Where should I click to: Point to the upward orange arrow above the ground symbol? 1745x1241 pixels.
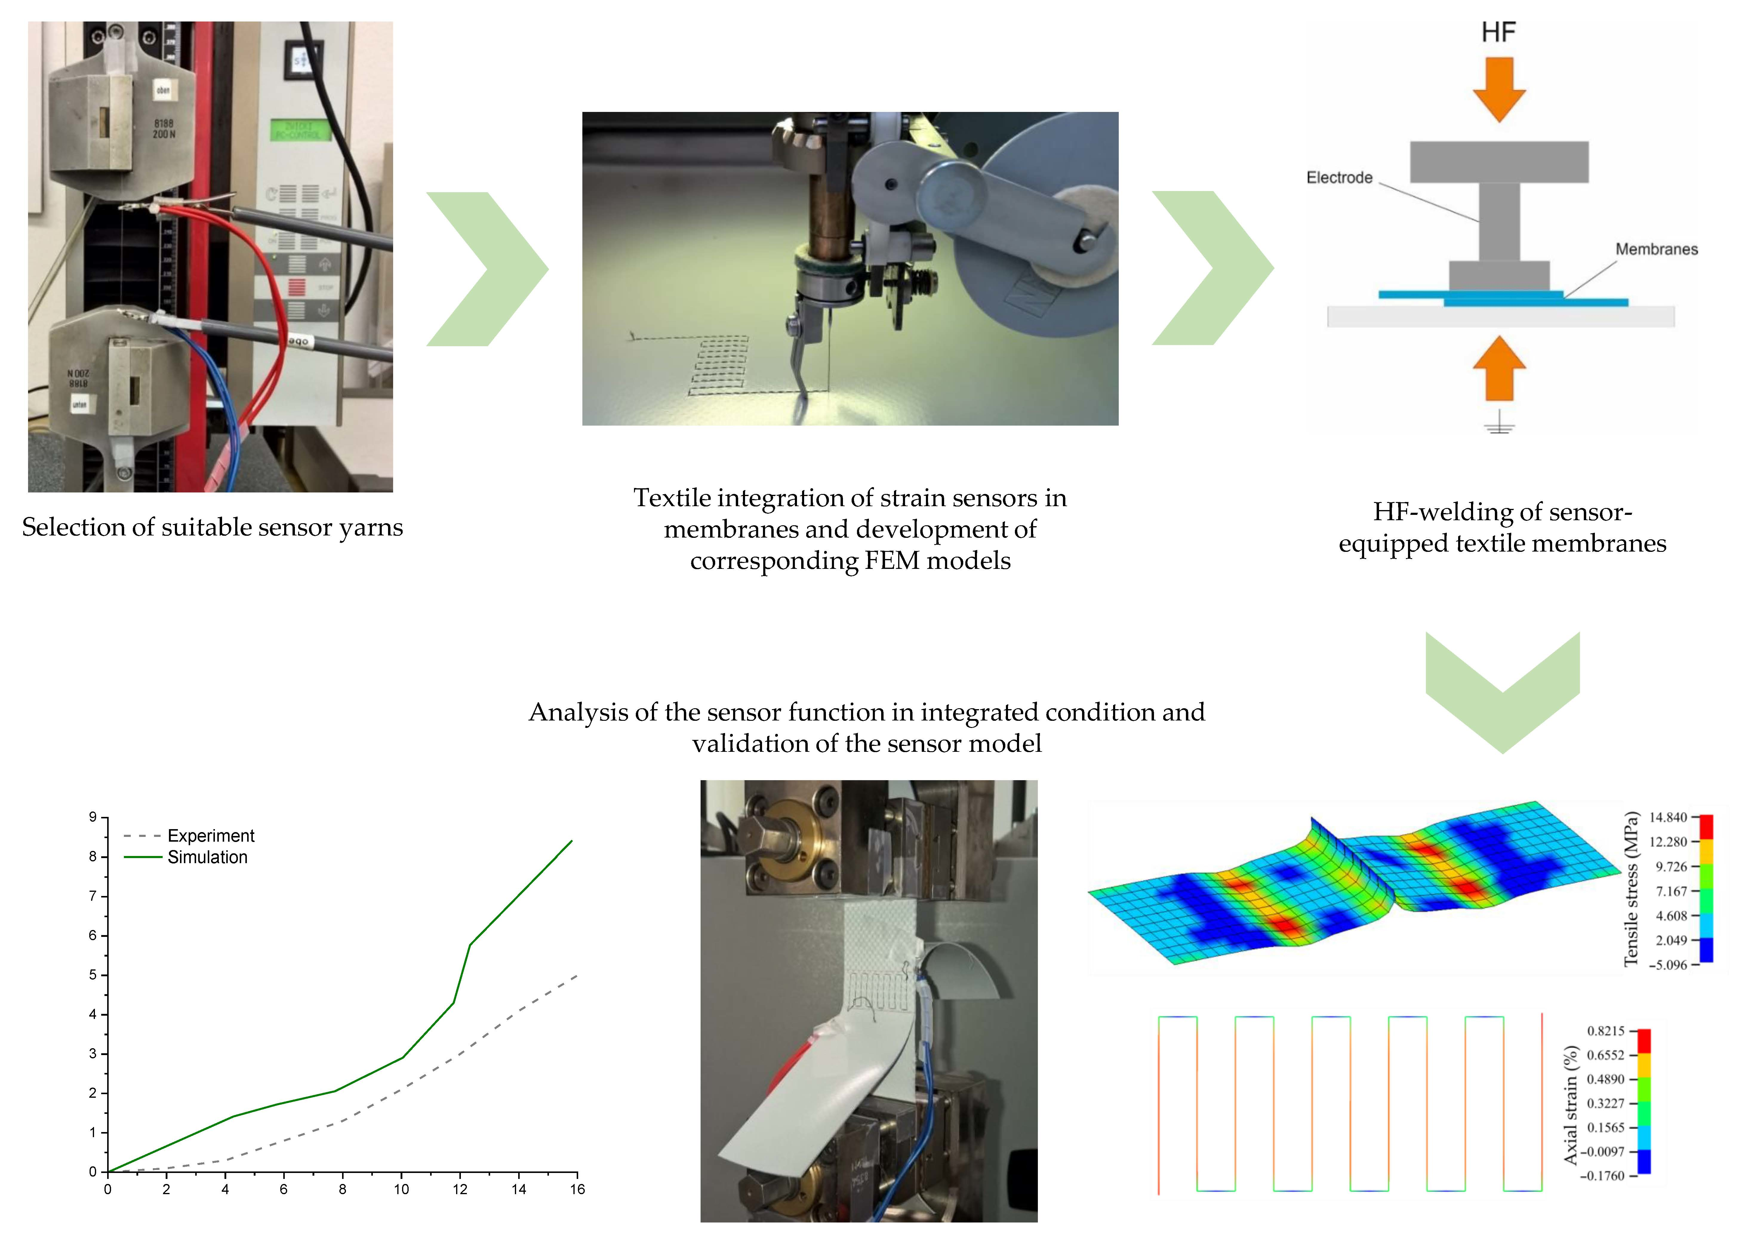pos(1499,369)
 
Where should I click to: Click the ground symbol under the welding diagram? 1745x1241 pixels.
pos(1499,423)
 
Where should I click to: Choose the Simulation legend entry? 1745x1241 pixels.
pos(207,857)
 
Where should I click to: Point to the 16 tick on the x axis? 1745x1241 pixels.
pos(577,1189)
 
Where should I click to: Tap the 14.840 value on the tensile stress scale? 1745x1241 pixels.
pos(1668,818)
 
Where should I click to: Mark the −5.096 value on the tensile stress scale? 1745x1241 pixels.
pos(1668,965)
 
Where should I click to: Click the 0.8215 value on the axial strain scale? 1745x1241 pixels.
pos(1606,1031)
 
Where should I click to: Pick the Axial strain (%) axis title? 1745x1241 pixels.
pos(1571,1105)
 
